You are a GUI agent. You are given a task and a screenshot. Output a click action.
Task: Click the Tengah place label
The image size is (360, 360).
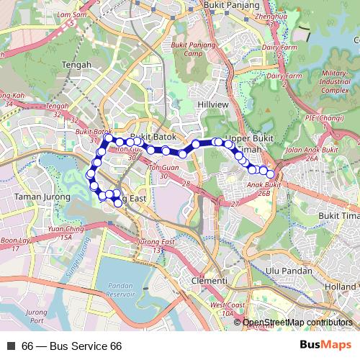click(78, 64)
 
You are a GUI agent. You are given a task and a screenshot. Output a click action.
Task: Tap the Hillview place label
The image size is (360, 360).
click(211, 104)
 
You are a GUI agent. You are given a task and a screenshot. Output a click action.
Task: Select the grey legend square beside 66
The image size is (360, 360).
click(11, 346)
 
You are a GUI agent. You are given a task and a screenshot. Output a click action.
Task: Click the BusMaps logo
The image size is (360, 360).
click(325, 346)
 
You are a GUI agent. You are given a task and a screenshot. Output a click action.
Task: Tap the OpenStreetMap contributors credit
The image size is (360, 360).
click(297, 323)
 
